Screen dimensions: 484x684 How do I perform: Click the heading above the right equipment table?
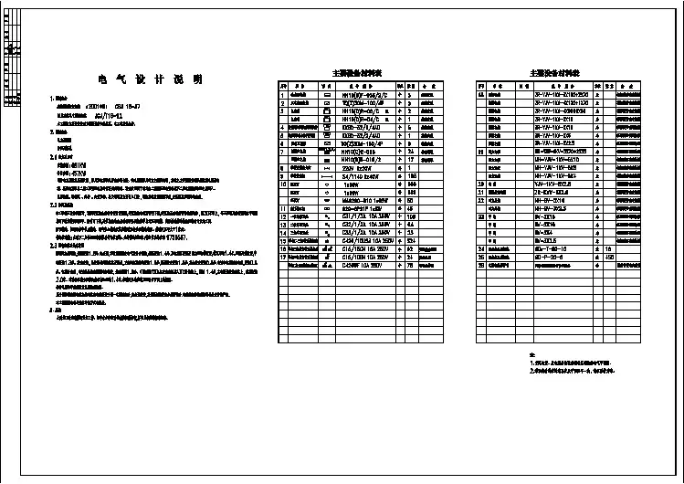tap(553, 72)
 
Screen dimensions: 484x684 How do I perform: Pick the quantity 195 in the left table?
tap(411, 174)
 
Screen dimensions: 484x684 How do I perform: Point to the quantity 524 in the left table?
tap(411, 240)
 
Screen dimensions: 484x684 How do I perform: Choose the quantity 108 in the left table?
tap(411, 216)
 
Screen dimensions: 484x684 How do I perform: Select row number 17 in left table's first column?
tap(283, 257)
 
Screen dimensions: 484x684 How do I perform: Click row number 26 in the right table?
tap(481, 265)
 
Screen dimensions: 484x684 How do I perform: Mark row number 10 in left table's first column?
tap(283, 183)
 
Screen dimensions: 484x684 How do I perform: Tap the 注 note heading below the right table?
tap(532, 352)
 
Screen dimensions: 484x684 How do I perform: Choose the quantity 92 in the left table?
tap(411, 248)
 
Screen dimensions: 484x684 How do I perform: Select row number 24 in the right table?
tap(481, 248)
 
